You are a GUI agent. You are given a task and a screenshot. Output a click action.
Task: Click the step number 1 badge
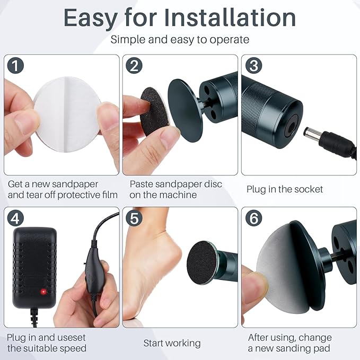pos(15,65)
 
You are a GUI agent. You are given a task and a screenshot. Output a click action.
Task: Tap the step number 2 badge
pos(134,65)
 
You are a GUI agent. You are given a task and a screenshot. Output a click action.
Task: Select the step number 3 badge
pos(253,65)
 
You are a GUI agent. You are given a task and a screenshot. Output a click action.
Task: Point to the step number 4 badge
pos(15,218)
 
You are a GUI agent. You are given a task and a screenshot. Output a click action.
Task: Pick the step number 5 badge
pos(134,218)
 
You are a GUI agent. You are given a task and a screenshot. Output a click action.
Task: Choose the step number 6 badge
pos(253,218)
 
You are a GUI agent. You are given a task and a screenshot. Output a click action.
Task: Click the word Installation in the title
pos(230,18)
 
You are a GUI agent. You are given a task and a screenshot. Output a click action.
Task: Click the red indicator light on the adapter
pos(43,292)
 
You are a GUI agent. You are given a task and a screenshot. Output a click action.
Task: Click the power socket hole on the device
pos(292,126)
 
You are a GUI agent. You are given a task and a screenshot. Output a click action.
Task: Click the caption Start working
pos(172,343)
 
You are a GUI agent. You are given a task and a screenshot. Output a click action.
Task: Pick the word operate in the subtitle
pos(230,40)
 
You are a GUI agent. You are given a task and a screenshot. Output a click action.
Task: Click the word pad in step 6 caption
pos(322,348)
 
